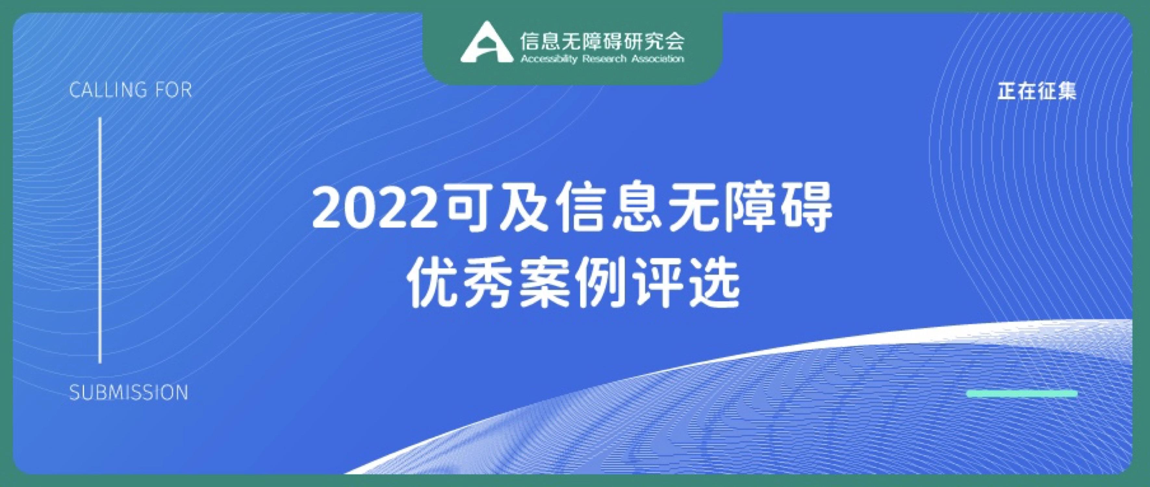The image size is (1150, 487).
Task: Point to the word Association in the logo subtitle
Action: pos(658,59)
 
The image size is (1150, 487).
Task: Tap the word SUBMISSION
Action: pos(129,393)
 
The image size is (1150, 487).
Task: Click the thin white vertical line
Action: pos(100,240)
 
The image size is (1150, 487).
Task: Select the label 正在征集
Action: pos(1037,92)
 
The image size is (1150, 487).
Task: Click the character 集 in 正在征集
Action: pos(1067,92)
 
